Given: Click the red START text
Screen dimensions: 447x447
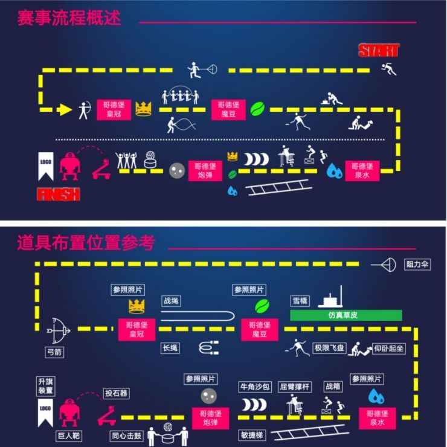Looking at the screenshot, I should point(379,50).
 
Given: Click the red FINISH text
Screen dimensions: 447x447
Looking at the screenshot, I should point(59,194).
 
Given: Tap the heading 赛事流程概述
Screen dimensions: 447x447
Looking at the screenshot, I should point(69,18).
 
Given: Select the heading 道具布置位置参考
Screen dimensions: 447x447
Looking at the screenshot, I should point(86,243).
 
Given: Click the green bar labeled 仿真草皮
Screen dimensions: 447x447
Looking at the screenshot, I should point(346,315).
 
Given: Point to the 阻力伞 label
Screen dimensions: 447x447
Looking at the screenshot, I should point(417,264).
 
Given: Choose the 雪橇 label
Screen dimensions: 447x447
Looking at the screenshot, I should point(300,300).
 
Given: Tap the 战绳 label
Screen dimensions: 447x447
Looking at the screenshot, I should point(172,300).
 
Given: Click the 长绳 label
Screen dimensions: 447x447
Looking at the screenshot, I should point(170,348).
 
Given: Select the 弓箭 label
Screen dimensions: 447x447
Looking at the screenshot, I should point(54,352).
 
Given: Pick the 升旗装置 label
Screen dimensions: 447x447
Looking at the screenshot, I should point(46,386).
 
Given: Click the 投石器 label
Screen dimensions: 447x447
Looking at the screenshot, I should point(117,393).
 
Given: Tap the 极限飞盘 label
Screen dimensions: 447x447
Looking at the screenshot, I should point(329,349).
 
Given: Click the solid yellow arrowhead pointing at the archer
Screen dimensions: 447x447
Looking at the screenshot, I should point(64,109).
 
